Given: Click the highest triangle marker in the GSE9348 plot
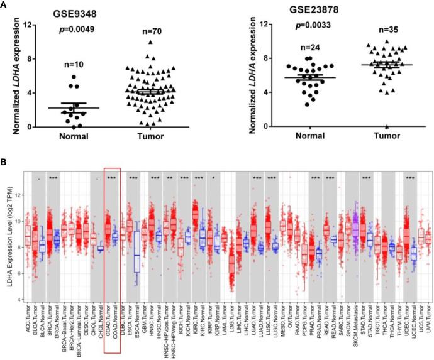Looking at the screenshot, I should pos(151,43).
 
